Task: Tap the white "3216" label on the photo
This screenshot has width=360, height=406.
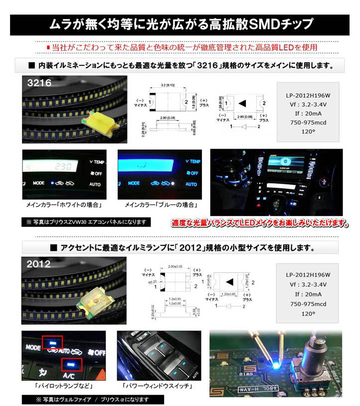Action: [x=40, y=84]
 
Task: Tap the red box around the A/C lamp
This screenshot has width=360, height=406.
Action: [x=72, y=365]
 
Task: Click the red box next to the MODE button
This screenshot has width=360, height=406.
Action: [x=52, y=343]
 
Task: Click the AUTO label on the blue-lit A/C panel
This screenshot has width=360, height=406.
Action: [x=191, y=184]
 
